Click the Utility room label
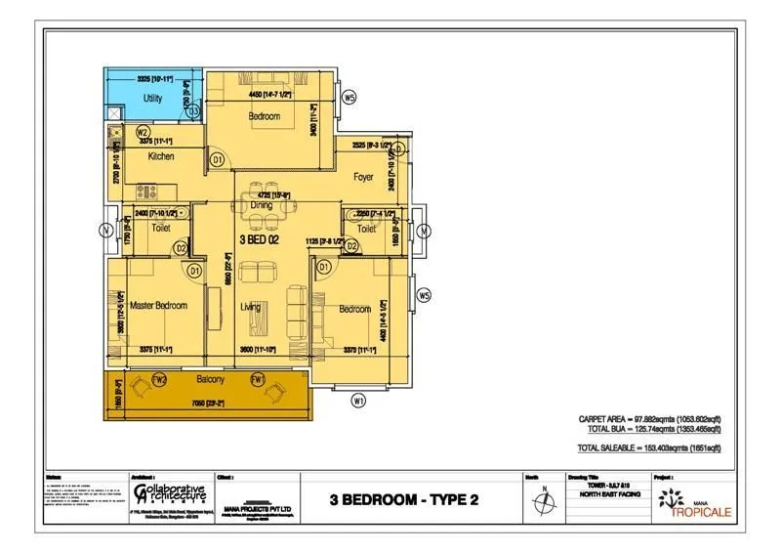[x=152, y=99]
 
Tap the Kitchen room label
[x=160, y=156]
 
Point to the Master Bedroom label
[x=158, y=306]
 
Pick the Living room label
[x=251, y=308]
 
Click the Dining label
[x=261, y=206]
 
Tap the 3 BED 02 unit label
[x=260, y=238]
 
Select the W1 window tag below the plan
[x=359, y=399]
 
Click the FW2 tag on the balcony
[x=161, y=379]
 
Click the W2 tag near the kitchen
[x=143, y=132]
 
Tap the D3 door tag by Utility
[x=194, y=112]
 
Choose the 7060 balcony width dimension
[x=208, y=403]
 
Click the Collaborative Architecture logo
[x=169, y=491]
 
